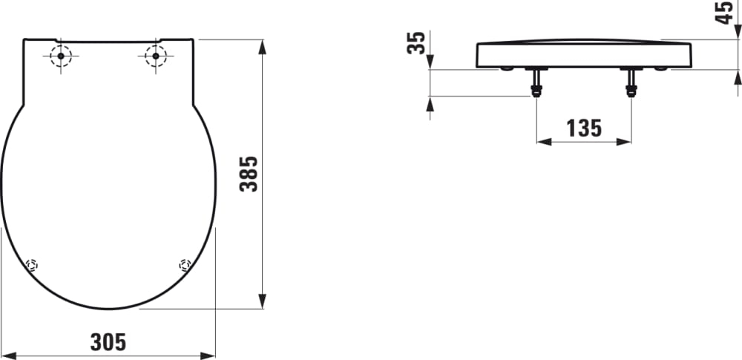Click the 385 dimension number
click(249, 174)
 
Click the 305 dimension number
click(108, 342)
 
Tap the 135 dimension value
click(584, 128)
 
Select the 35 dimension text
click(416, 42)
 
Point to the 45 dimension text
click(724, 13)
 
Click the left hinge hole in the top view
click(61, 56)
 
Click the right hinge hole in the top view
click(156, 56)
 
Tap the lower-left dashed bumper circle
click(32, 265)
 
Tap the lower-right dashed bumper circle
click(185, 265)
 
